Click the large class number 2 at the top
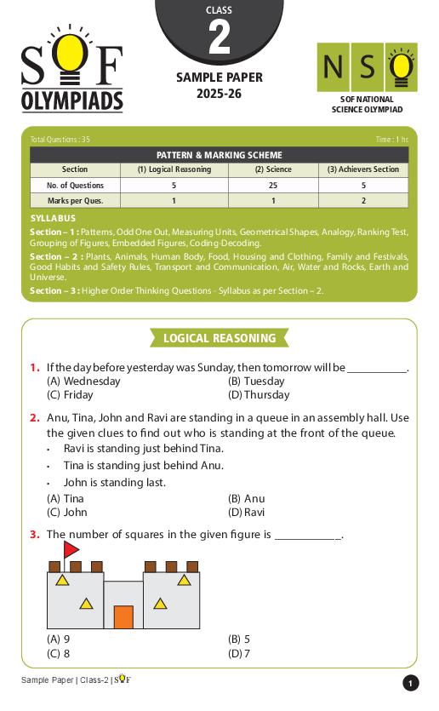(219, 37)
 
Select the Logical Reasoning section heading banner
(219, 338)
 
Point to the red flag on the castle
(70, 549)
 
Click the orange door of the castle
(123, 616)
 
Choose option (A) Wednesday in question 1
(83, 381)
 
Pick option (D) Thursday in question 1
(259, 395)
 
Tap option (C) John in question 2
(67, 513)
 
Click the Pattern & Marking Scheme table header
(219, 155)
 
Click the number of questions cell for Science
(272, 185)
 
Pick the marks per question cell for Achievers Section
(363, 200)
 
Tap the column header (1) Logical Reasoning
(174, 169)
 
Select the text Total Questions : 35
(60, 140)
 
